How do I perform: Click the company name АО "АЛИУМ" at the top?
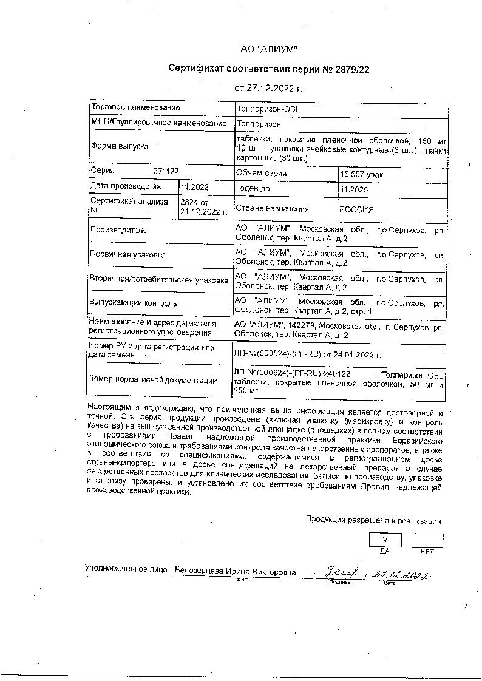point(269,49)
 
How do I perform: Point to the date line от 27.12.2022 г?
point(268,89)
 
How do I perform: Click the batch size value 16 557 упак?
point(362,175)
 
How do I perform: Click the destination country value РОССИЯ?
point(356,209)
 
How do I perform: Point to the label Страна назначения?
point(263,209)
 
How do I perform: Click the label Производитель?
point(118,231)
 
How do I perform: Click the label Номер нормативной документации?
point(152,381)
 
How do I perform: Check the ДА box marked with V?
point(384,540)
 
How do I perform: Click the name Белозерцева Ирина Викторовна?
point(235,572)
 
